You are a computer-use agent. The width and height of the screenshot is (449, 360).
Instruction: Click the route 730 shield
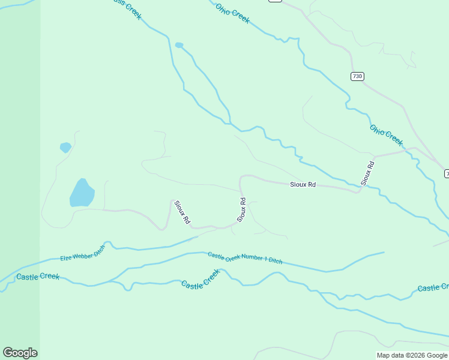point(358,76)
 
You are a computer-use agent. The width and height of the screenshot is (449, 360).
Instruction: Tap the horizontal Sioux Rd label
point(303,185)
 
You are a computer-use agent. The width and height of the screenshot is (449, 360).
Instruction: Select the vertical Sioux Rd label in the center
point(242,210)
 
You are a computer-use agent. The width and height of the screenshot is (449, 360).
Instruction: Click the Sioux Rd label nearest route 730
point(367,172)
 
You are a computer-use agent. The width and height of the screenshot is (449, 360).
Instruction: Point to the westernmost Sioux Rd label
point(182,212)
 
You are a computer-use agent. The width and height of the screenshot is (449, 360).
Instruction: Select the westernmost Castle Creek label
point(38,277)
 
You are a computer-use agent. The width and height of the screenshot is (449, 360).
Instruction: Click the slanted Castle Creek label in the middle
point(201,278)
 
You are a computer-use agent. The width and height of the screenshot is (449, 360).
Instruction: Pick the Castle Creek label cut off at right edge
point(433,288)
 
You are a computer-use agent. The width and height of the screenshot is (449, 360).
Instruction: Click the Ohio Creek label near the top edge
point(232,13)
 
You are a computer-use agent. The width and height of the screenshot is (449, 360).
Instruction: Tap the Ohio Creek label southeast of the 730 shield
point(386,135)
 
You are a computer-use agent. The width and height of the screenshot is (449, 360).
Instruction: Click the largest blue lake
point(82,193)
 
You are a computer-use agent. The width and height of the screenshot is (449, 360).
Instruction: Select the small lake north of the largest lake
point(65,147)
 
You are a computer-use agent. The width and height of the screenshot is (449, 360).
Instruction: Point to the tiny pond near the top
point(179,45)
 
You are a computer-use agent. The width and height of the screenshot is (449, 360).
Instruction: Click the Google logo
point(20,353)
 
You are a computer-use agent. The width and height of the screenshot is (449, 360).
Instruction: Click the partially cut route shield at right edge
point(447,173)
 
